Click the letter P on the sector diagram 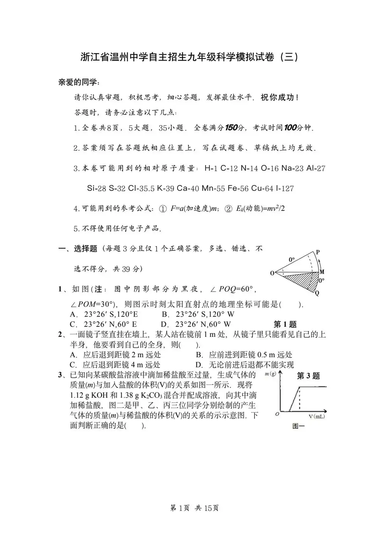click(x=318, y=252)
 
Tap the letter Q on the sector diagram click(x=317, y=293)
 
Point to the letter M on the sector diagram click(x=322, y=272)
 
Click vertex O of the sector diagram click(x=272, y=273)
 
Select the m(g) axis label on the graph click(x=270, y=374)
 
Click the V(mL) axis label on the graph click(x=316, y=417)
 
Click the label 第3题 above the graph click(x=308, y=376)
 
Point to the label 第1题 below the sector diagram click(x=285, y=325)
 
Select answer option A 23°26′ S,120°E click(x=104, y=314)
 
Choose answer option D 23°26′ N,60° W click(x=196, y=325)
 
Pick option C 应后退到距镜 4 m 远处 click(x=115, y=365)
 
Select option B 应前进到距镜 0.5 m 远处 click(x=244, y=355)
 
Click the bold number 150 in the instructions click(x=231, y=128)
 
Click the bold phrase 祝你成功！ click(x=280, y=98)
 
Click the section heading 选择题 click(x=85, y=249)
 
